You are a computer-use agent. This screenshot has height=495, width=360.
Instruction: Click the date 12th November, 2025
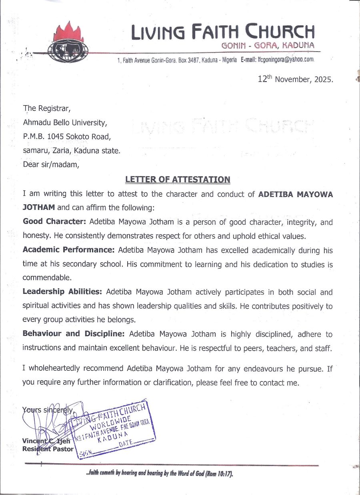tap(295, 79)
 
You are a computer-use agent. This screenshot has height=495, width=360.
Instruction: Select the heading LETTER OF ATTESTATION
tap(178, 180)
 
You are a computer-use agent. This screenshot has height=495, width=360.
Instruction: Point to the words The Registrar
tap(47, 108)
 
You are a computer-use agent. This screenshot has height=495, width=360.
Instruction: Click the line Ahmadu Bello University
tap(65, 122)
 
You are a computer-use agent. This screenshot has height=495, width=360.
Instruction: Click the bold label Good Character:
tap(55, 222)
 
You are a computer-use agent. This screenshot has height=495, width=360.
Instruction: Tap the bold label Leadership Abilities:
tap(63, 292)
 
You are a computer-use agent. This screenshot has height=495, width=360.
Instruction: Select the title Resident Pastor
tap(48, 449)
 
